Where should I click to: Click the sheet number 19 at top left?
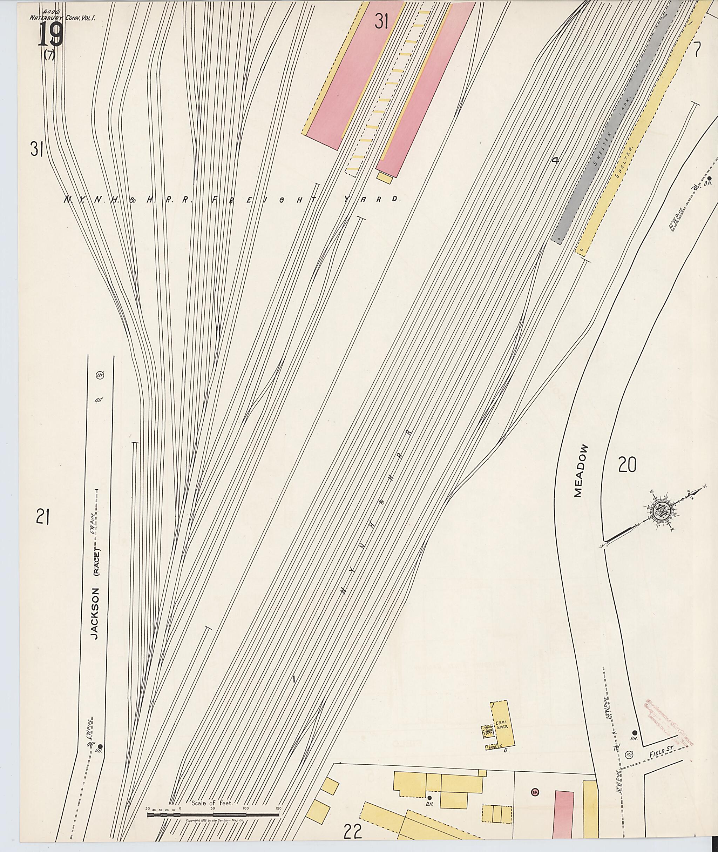[51, 35]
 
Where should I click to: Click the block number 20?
[626, 465]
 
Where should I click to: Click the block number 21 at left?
[42, 518]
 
